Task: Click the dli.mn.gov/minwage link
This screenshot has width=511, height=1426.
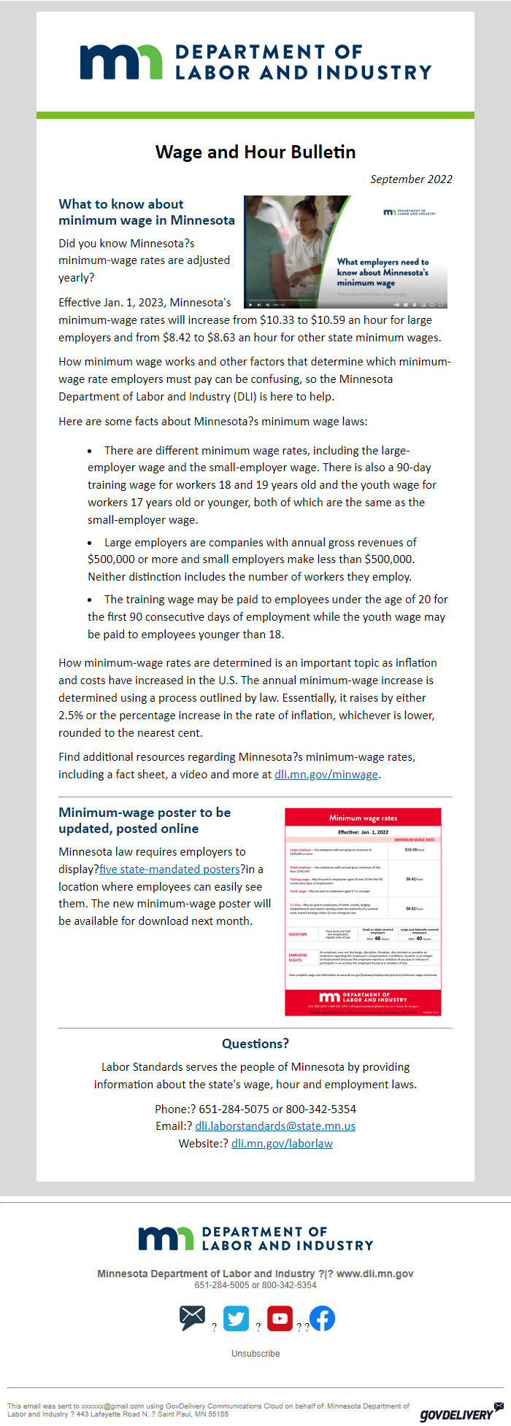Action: [x=326, y=775]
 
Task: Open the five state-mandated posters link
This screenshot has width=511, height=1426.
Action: [x=170, y=869]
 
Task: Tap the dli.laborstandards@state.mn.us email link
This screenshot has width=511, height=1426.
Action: [x=275, y=1125]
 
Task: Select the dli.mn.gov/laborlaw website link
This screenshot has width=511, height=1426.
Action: [x=282, y=1143]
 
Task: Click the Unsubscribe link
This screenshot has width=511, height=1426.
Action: [x=255, y=1353]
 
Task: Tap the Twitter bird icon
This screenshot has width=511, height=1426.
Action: [x=236, y=1318]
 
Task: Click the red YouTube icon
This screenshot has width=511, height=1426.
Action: [x=280, y=1318]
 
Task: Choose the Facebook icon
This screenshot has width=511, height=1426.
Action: [x=322, y=1318]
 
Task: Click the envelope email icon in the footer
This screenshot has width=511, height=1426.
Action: [x=193, y=1317]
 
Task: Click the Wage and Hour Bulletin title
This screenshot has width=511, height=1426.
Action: [x=255, y=152]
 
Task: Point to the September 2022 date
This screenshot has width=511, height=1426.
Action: [x=411, y=179]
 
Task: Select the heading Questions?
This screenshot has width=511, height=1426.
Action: [x=255, y=1044]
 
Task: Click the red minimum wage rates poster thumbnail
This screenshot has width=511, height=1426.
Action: [x=363, y=911]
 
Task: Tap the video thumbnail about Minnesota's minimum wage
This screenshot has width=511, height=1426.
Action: [x=345, y=252]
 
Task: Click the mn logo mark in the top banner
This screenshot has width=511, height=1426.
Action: [x=121, y=62]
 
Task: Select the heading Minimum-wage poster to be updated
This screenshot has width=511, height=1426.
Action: [x=145, y=820]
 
